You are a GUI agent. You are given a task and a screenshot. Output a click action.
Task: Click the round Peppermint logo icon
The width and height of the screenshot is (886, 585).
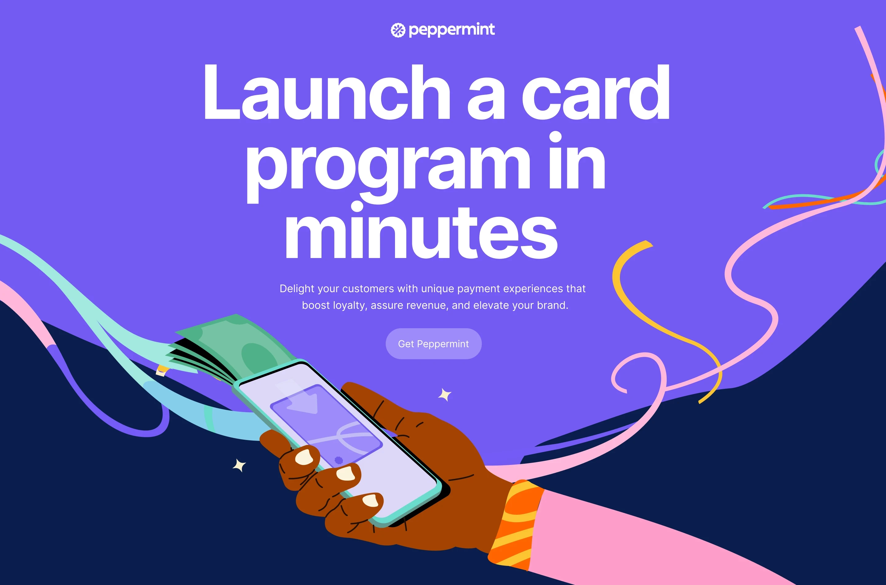tap(398, 30)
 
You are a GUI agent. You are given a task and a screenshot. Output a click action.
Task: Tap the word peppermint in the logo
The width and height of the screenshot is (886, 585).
tap(452, 30)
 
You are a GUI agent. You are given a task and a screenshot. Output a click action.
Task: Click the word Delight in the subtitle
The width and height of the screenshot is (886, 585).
tap(297, 288)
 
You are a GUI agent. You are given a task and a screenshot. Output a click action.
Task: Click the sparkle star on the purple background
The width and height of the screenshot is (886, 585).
tap(445, 395)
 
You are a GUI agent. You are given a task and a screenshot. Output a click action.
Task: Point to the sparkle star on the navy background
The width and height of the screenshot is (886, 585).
tap(239, 465)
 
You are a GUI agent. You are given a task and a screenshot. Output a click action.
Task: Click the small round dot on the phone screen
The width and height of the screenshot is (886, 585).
tap(339, 460)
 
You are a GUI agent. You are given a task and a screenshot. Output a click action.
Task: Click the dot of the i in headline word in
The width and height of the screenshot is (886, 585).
tap(555, 137)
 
